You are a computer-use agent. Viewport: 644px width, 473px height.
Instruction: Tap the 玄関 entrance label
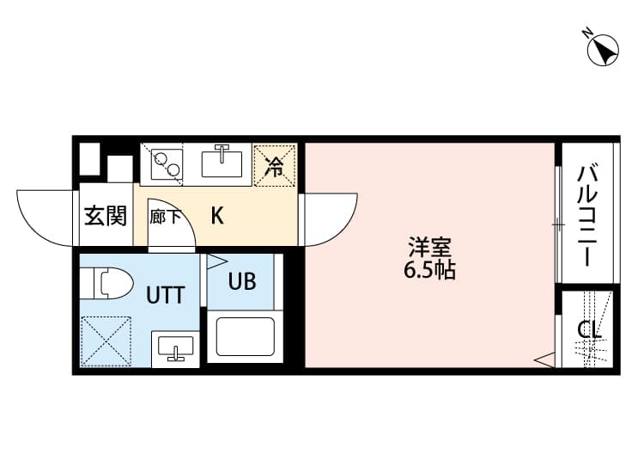click(105, 216)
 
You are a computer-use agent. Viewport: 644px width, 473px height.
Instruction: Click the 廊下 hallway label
click(164, 217)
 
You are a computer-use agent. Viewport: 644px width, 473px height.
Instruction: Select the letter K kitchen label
click(217, 215)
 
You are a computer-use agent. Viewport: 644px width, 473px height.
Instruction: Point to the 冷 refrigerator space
click(275, 164)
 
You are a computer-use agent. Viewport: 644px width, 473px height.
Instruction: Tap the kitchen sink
click(223, 161)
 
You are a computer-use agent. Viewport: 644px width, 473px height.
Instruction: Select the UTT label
click(164, 296)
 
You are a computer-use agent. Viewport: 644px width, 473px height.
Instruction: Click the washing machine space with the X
click(105, 341)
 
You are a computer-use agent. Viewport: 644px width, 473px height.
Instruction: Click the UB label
click(241, 281)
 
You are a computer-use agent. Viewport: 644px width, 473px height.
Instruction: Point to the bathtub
click(245, 336)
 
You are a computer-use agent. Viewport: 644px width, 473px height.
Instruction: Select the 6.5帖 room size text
click(429, 272)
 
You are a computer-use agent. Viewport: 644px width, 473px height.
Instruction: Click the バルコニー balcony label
click(587, 215)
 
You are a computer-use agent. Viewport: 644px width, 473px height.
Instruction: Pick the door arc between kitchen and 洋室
click(331, 218)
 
